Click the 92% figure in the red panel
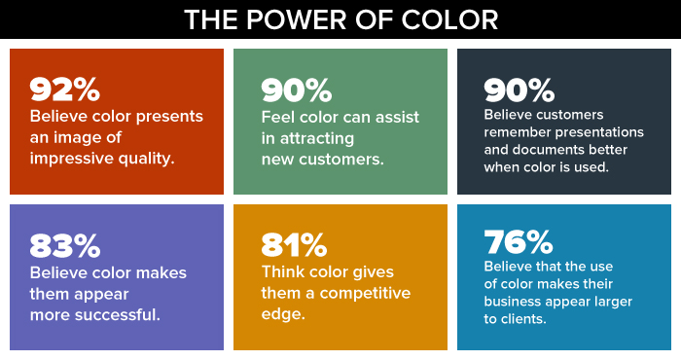(x=64, y=90)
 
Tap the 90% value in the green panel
(x=296, y=90)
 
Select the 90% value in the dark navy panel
(x=519, y=90)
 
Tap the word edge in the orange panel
(x=280, y=313)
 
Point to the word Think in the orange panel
(x=283, y=271)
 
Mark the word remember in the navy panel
(x=516, y=132)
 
